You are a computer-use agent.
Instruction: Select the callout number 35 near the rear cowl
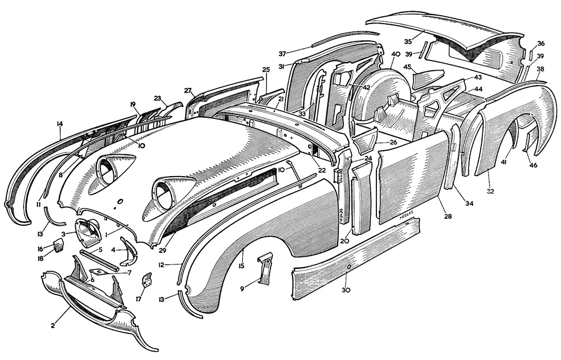click(x=408, y=41)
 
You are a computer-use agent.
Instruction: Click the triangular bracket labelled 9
click(x=264, y=267)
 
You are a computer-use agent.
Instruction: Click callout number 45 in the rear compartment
click(x=408, y=68)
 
